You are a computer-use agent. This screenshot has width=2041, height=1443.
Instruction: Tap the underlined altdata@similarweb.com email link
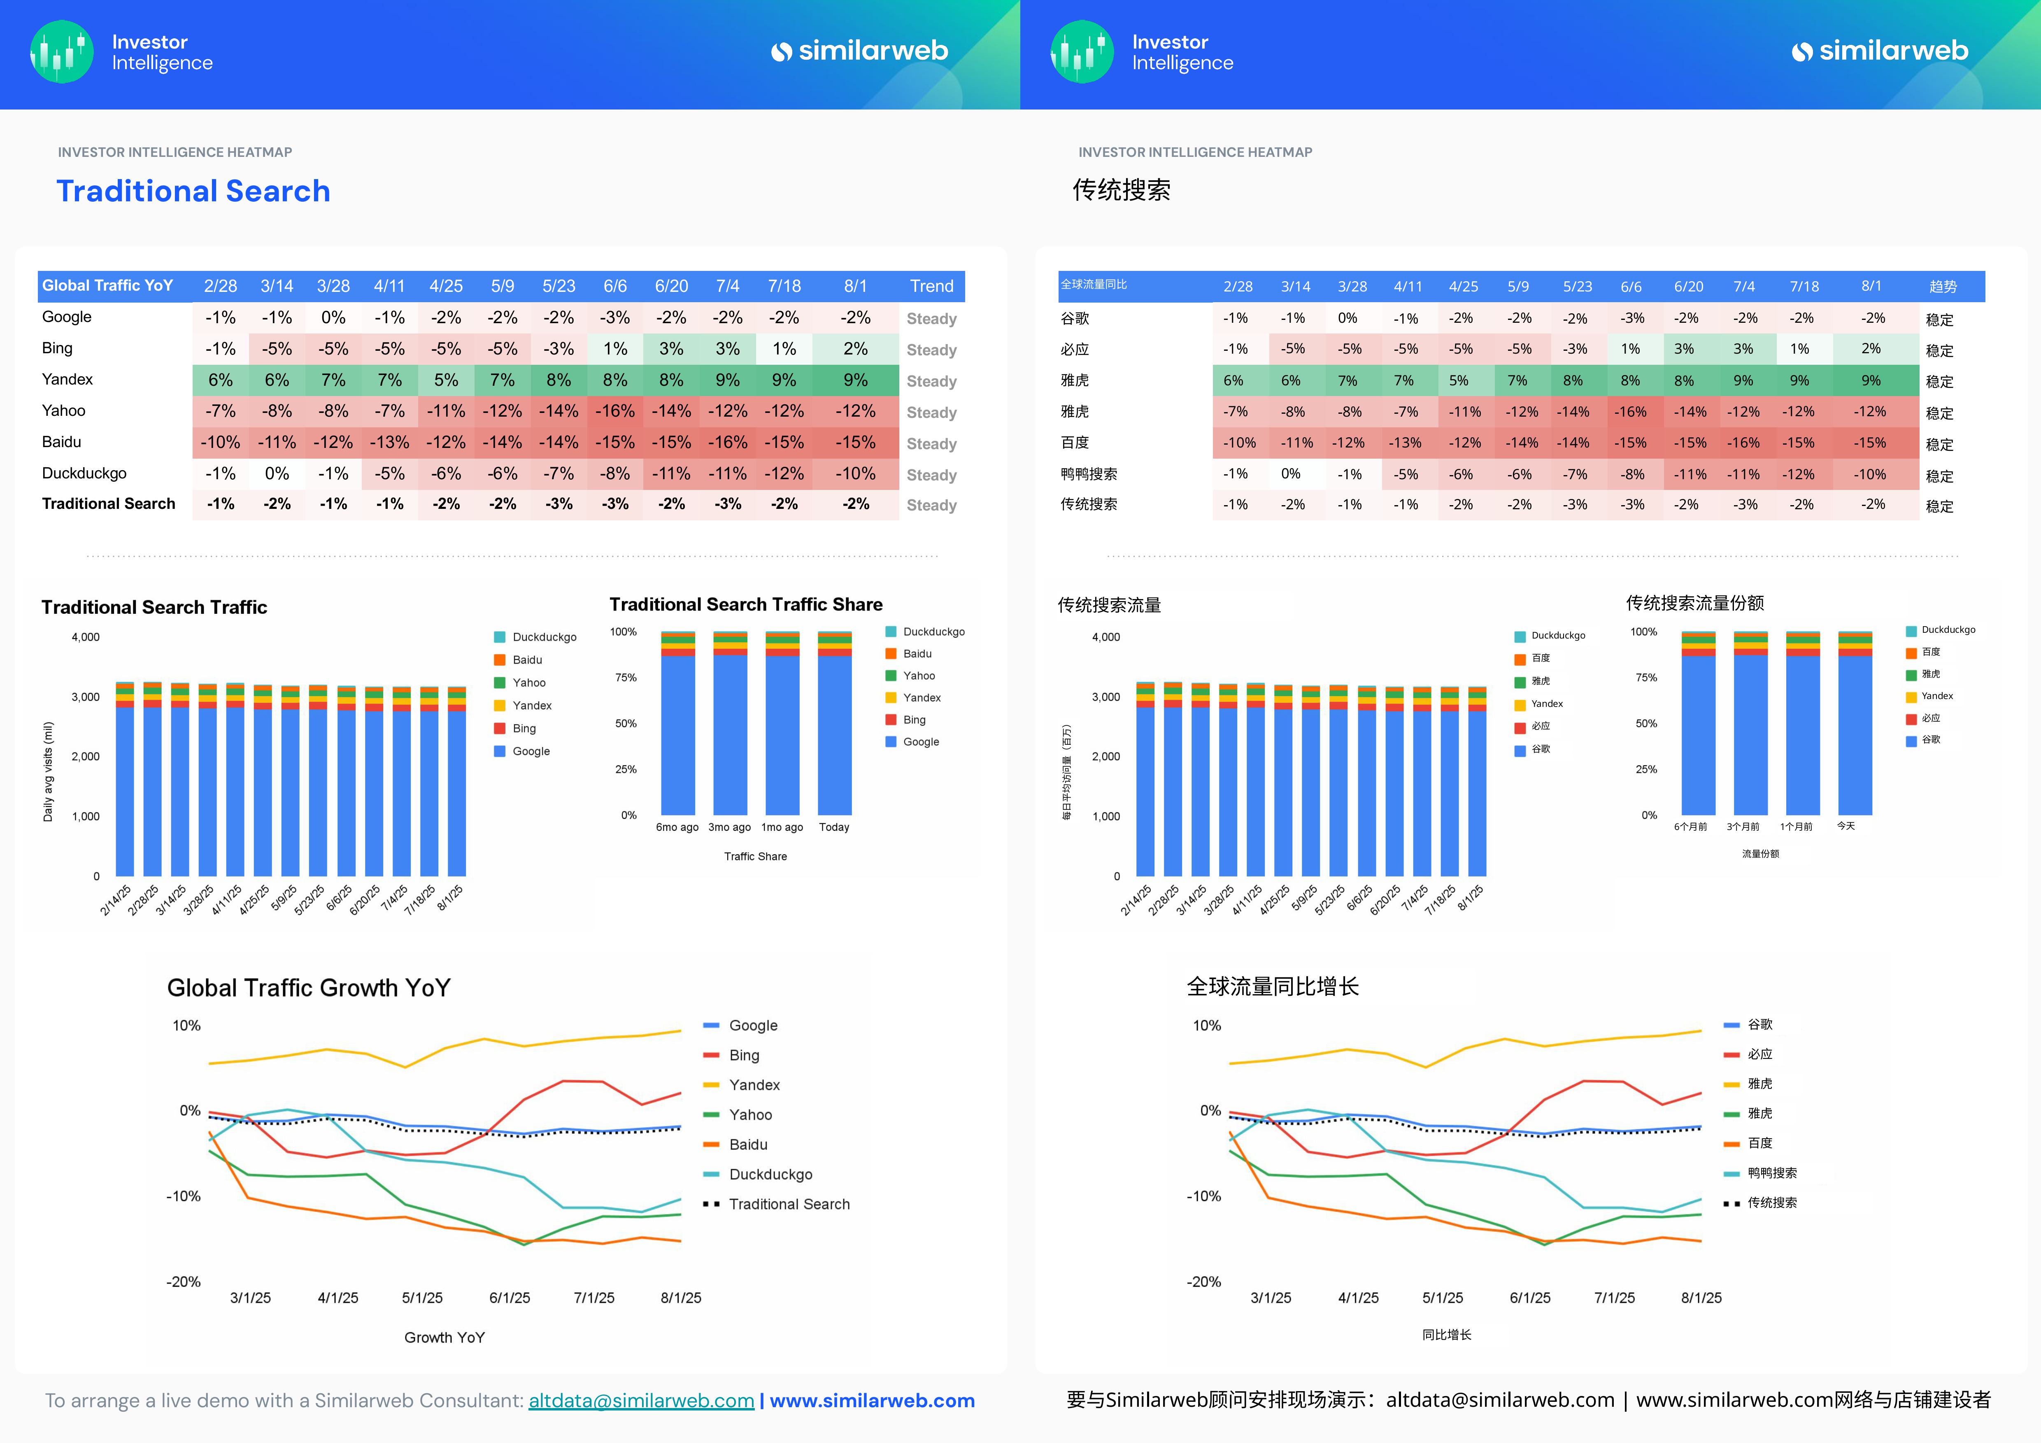(641, 1400)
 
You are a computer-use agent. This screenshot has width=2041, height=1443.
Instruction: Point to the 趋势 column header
(1942, 286)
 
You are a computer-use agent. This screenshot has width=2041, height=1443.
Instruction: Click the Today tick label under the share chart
(834, 827)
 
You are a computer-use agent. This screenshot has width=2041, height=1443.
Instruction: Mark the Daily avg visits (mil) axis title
(48, 771)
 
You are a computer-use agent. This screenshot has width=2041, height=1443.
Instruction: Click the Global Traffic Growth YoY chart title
(308, 988)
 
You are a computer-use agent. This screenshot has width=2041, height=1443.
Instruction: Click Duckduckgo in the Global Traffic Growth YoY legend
(770, 1175)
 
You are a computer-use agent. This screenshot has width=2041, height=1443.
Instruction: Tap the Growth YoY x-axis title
(445, 1337)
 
